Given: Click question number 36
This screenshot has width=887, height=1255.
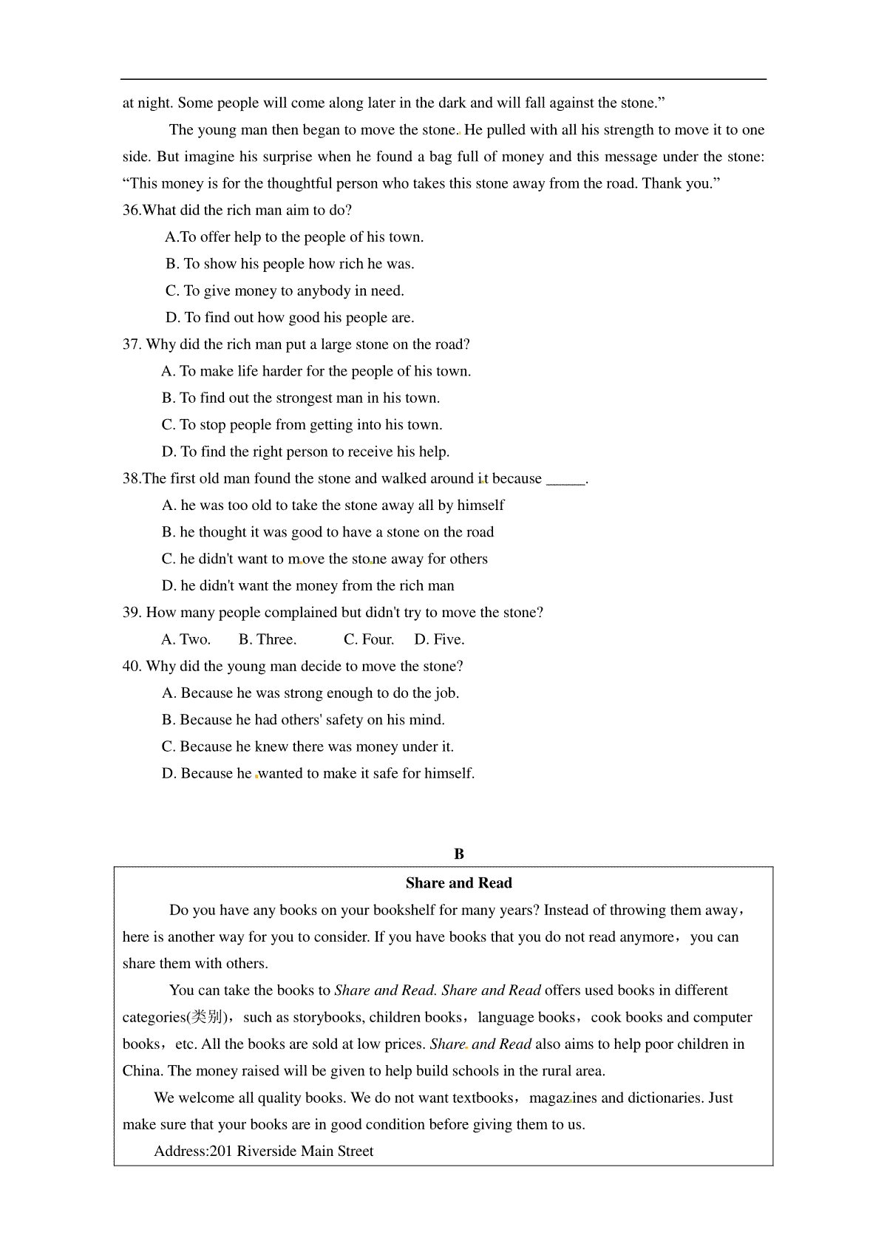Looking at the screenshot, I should (132, 211).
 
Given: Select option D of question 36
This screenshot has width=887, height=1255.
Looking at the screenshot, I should (290, 318).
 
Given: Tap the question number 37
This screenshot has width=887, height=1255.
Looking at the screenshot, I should (132, 344).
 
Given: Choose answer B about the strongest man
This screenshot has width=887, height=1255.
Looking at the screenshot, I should (301, 398).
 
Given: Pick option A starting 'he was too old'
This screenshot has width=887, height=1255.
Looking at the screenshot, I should (333, 506).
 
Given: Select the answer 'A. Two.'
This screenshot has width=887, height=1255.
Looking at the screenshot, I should (186, 640).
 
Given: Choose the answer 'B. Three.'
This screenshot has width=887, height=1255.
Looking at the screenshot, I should (268, 640).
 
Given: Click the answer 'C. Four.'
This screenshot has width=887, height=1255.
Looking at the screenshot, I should (369, 640).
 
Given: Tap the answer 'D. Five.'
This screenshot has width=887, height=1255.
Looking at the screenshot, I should (439, 640).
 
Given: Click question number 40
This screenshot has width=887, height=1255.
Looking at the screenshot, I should (132, 667).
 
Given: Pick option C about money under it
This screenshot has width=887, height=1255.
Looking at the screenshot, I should (307, 747).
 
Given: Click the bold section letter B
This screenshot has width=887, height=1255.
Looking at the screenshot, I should (459, 854).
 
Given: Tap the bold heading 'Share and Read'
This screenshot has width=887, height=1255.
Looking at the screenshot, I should (458, 883).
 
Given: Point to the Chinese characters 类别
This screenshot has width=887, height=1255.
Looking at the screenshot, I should (208, 1018).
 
